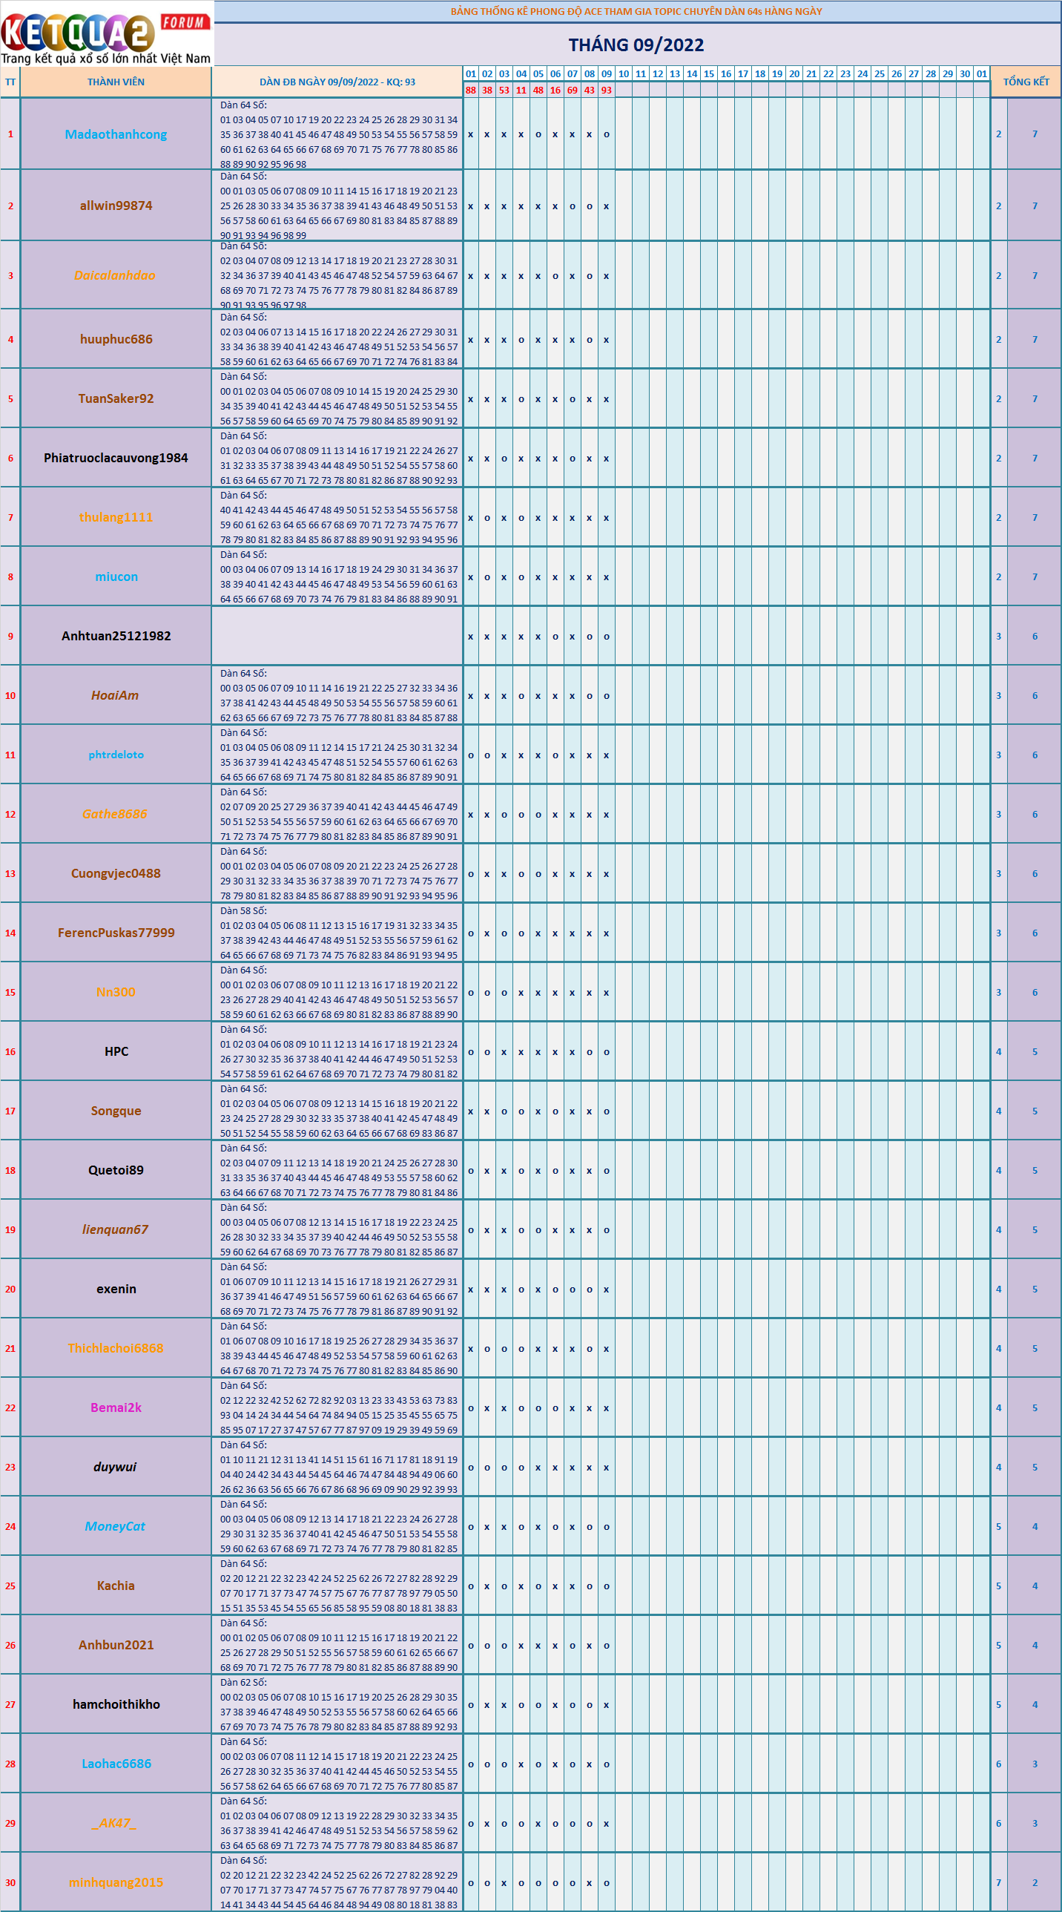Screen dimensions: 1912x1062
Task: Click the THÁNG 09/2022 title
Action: (x=636, y=45)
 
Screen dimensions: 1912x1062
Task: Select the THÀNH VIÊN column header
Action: (x=116, y=82)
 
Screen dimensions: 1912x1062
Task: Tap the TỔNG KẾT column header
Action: (x=1026, y=82)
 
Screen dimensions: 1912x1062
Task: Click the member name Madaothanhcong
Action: (x=116, y=134)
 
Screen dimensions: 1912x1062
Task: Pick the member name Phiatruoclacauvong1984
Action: (x=116, y=458)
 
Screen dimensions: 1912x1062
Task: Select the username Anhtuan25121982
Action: (x=116, y=636)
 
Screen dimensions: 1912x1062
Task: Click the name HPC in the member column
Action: (x=116, y=1052)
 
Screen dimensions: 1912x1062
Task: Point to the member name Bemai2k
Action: (x=116, y=1408)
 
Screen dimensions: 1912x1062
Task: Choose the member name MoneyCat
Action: (x=115, y=1527)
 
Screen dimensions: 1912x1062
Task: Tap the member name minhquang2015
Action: (x=116, y=1882)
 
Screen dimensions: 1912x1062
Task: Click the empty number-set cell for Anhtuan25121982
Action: (x=337, y=636)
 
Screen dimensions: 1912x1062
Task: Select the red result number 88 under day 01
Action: (x=470, y=91)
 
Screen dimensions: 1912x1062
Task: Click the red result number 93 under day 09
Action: (x=607, y=91)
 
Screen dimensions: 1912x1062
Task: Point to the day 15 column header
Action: (x=709, y=73)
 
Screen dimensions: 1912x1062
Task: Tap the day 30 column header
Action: (x=965, y=73)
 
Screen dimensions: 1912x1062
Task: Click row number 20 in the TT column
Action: (x=10, y=1290)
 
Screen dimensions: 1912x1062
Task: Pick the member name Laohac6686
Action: (x=116, y=1764)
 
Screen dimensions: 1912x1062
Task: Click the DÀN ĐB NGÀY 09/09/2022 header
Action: (x=337, y=82)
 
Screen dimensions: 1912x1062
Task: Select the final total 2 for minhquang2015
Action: (x=1035, y=1882)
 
